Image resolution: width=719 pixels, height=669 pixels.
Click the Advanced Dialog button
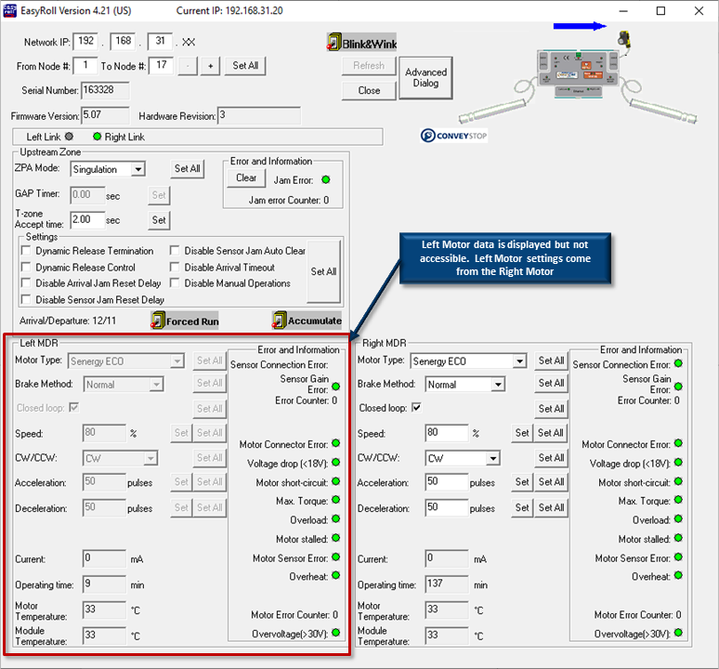coord(425,77)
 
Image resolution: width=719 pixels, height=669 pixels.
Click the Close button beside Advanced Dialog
coord(369,90)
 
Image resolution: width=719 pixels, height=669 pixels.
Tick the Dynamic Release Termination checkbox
coord(26,250)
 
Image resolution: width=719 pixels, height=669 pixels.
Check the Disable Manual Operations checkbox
coord(175,282)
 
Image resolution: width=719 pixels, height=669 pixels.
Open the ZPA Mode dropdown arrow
coord(137,169)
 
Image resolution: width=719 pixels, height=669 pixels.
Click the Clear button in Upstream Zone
coord(246,177)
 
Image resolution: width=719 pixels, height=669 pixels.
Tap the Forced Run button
coord(185,321)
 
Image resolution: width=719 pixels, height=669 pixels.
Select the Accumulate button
coord(307,321)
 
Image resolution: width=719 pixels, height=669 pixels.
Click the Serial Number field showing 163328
coord(105,90)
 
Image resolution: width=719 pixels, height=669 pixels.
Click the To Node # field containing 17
coord(161,65)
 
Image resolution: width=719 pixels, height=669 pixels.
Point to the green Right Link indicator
coord(98,137)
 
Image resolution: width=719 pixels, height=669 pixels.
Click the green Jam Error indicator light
coord(326,179)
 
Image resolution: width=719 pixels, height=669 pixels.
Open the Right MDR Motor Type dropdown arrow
coord(519,361)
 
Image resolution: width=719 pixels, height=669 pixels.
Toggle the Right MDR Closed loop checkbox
coord(416,407)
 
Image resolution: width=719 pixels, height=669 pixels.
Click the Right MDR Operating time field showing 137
coord(447,584)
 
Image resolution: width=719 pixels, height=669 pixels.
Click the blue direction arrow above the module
coord(580,26)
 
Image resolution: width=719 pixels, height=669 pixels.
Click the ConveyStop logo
coord(453,136)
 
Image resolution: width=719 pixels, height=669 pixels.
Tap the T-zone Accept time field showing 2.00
coord(87,219)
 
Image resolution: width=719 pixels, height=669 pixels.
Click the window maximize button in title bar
coord(660,10)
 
